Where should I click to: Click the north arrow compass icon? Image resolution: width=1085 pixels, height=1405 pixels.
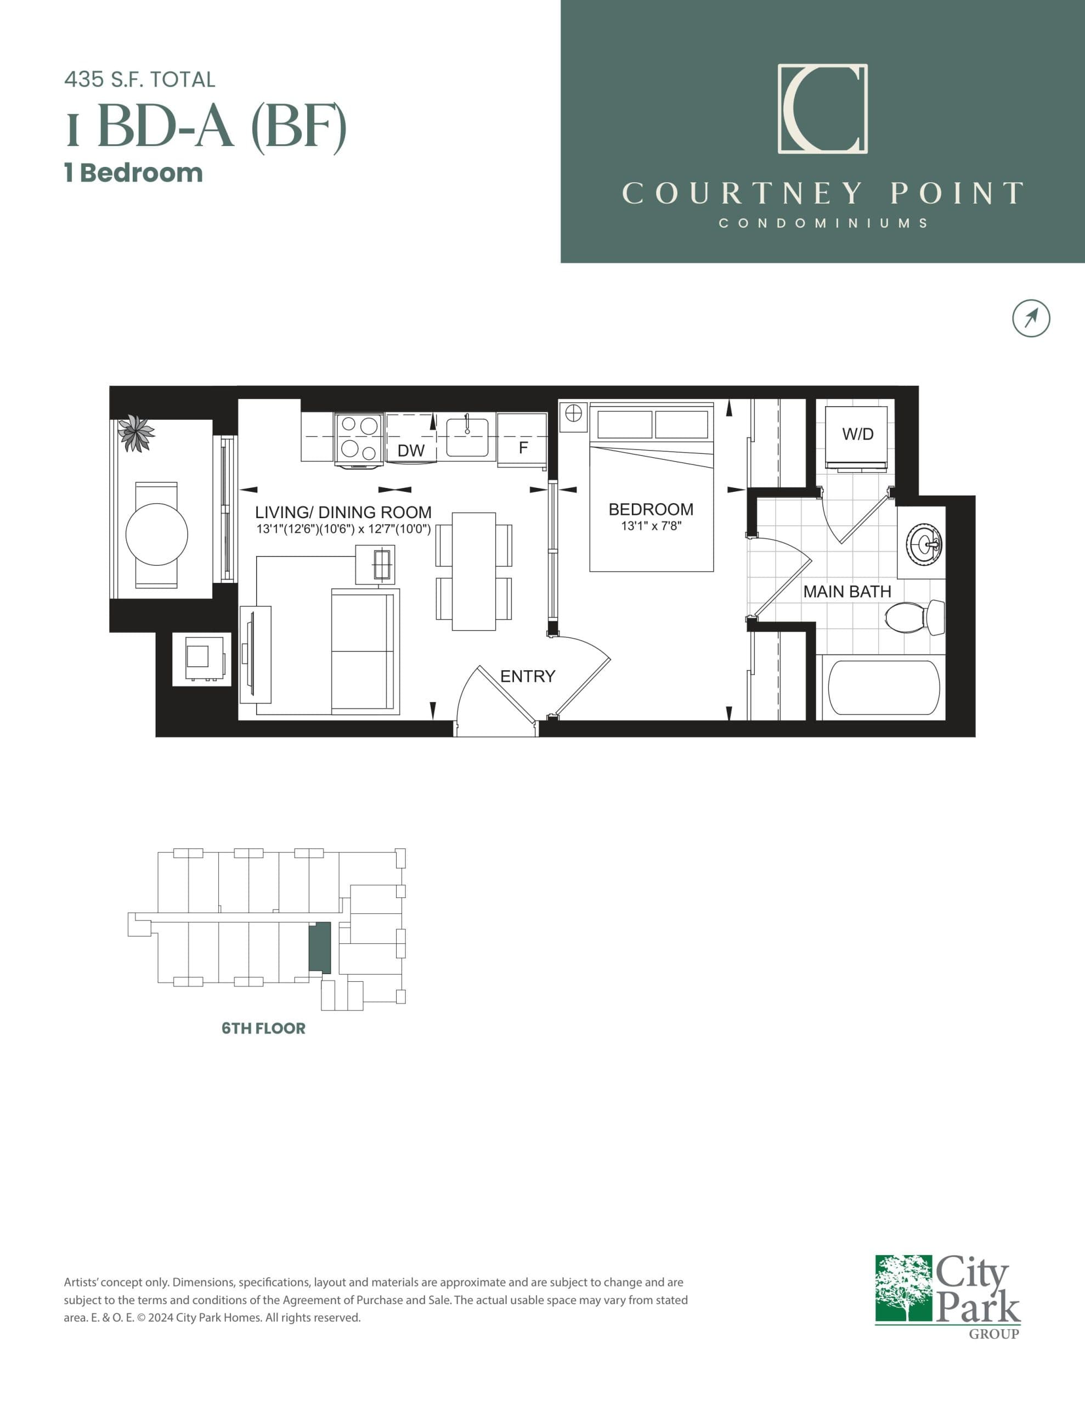pos(1031,318)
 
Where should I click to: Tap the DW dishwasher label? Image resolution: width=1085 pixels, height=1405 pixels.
pos(411,451)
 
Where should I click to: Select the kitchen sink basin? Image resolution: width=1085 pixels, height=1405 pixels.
pos(467,437)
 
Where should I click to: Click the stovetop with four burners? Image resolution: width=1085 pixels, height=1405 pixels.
pos(359,437)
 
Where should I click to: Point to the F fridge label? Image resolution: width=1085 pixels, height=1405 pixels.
pos(523,448)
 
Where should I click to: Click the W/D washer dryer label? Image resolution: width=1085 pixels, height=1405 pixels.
pos(858,434)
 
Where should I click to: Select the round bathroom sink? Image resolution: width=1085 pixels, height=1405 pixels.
pos(924,544)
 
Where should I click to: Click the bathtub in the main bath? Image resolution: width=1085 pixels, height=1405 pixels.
pos(884,687)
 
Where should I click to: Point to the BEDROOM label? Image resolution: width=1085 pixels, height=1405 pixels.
pos(651,509)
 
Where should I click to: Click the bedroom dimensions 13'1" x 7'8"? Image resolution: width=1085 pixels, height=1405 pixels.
pos(651,526)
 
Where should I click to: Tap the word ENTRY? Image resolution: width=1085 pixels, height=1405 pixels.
pos(527,676)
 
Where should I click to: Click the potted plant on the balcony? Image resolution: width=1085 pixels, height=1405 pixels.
pos(135,432)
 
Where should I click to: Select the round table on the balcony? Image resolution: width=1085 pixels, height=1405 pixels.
pos(156,534)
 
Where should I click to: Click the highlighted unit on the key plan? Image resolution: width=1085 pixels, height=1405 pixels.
pos(320,948)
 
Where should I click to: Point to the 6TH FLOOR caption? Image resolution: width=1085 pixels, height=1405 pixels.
pos(264,1028)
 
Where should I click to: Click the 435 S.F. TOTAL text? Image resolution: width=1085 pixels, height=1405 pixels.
pos(139,80)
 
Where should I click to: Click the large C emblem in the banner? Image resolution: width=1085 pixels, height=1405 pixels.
pos(823,109)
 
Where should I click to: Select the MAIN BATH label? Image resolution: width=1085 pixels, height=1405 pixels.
pos(847,592)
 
